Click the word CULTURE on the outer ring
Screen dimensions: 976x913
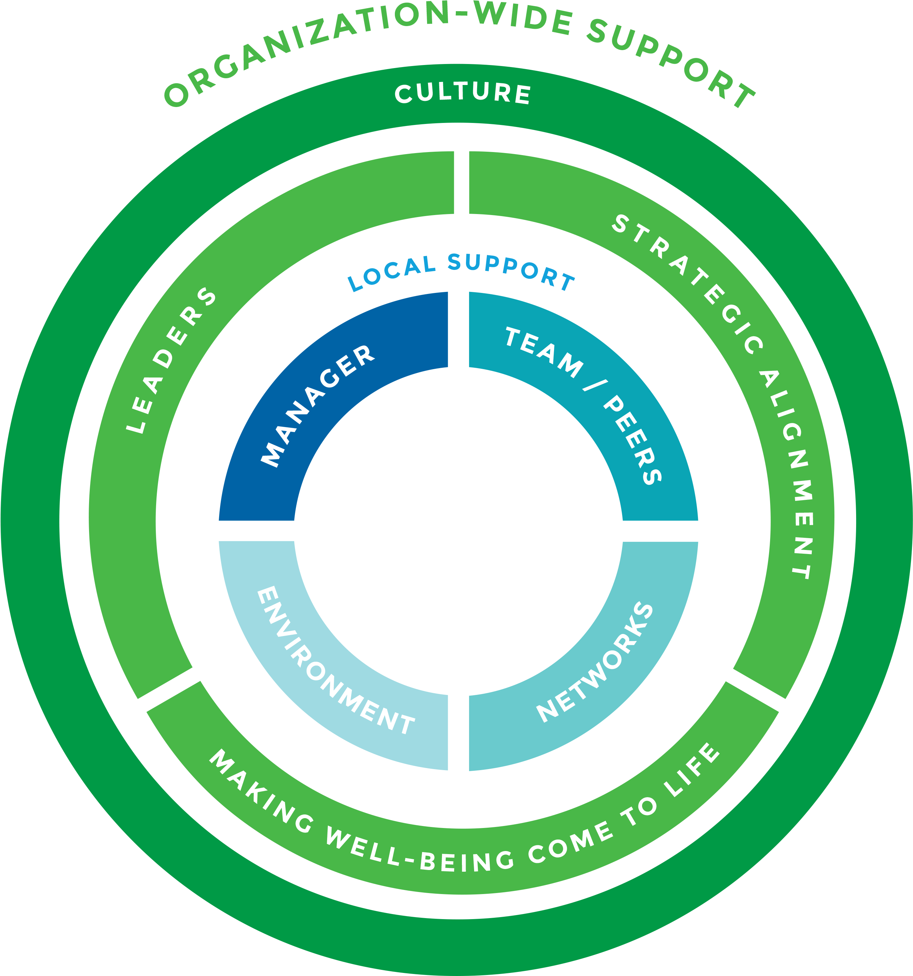point(463,94)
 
